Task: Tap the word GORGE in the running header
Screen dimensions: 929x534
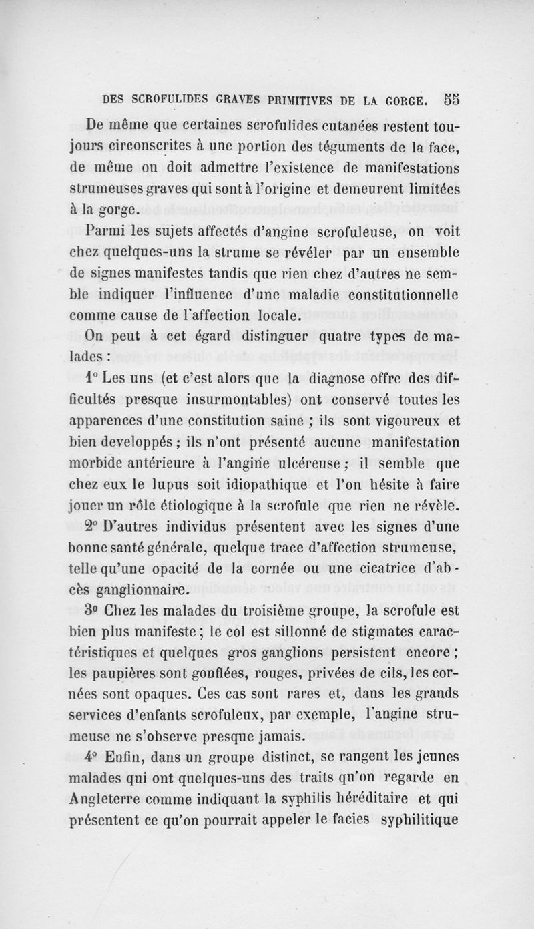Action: tap(395, 101)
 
